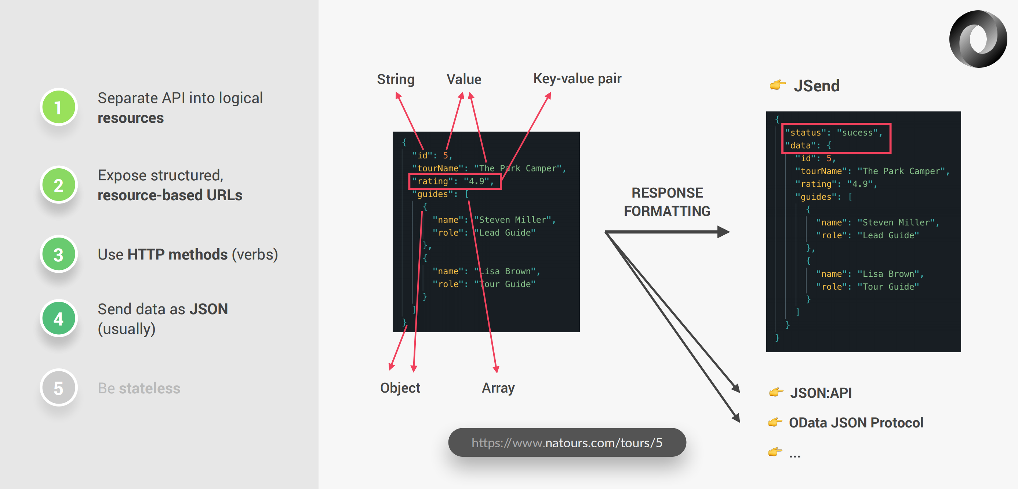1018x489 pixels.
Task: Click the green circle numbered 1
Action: point(58,107)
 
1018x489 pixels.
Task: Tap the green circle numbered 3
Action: point(58,254)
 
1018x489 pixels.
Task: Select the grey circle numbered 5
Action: point(58,388)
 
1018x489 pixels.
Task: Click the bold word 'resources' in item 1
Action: point(130,118)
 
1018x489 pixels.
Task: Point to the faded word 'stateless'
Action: point(149,388)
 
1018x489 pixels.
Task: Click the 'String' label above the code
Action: point(396,79)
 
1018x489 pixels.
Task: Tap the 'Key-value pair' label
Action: point(577,78)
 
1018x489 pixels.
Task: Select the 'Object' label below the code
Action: point(400,388)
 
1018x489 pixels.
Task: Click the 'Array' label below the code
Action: point(498,388)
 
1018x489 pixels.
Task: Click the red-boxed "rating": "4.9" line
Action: point(454,181)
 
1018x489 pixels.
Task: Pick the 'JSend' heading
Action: point(817,86)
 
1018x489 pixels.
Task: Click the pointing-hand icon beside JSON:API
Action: point(776,392)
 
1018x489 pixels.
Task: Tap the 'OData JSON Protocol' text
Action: point(856,423)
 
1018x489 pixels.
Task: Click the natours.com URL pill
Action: point(567,442)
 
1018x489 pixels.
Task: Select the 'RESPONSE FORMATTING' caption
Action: point(667,202)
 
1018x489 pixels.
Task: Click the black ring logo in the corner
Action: point(978,39)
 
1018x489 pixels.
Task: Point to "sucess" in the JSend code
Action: point(857,133)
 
